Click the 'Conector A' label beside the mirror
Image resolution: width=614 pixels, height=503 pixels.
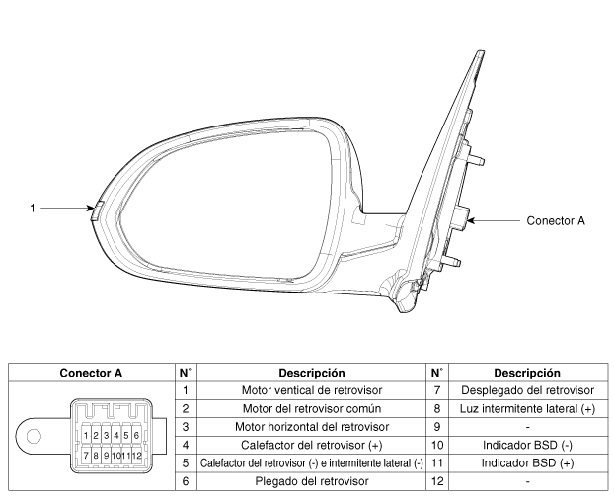click(556, 221)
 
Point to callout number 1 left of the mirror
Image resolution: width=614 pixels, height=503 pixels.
click(33, 209)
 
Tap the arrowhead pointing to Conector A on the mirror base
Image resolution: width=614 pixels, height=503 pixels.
click(471, 221)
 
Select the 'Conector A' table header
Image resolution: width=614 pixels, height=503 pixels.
click(91, 373)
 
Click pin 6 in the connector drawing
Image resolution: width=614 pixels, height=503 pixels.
click(136, 435)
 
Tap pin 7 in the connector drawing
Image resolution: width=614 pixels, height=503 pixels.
click(86, 456)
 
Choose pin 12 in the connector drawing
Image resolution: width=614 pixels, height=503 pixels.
click(136, 456)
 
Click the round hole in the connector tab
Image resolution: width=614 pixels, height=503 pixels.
click(34, 436)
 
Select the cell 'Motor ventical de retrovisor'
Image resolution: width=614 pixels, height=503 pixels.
click(312, 390)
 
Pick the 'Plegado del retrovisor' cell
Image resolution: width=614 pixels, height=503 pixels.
click(312, 481)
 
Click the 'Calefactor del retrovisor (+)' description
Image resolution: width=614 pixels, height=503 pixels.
click(312, 445)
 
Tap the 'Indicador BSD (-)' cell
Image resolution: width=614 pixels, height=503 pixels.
click(527, 445)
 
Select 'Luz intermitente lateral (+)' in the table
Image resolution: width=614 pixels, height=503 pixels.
click(527, 409)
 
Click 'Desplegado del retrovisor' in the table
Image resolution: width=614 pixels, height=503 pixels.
click(527, 390)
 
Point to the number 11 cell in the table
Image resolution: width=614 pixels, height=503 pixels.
click(437, 463)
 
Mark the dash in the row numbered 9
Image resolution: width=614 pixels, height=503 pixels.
click(527, 427)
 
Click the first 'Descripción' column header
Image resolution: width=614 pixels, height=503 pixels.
click(312, 373)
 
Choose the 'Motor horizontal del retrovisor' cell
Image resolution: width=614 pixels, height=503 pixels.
click(312, 427)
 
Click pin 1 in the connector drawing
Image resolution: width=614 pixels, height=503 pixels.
click(86, 435)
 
